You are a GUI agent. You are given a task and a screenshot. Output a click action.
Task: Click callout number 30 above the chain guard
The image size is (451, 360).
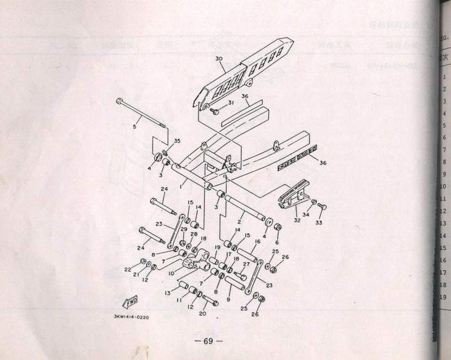pos(219,58)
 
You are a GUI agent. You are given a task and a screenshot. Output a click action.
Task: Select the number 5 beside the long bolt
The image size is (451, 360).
pos(134,126)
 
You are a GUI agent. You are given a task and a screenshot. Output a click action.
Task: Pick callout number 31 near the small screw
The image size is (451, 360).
pos(230,103)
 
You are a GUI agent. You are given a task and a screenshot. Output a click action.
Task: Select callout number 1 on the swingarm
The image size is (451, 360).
pos(180,185)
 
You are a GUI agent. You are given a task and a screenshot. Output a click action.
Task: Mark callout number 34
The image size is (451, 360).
pos(306,215)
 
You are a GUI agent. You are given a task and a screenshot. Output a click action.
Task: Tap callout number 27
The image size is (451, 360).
pos(246,264)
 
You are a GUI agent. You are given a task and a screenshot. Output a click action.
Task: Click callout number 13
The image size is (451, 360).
pos(167,294)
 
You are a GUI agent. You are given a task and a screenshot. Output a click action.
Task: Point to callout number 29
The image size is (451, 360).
pos(183,229)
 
